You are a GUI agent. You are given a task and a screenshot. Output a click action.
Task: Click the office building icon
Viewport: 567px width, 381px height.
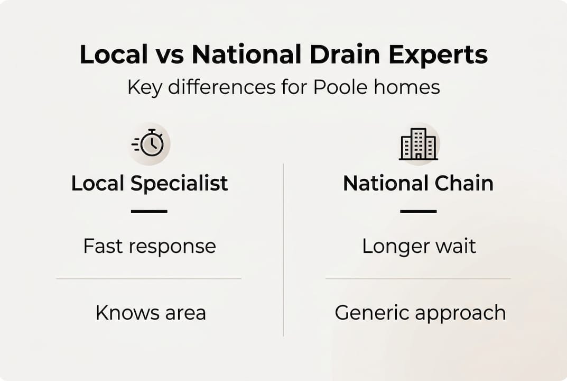coord(418,143)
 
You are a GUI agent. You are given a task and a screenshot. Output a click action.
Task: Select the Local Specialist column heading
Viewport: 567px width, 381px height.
coord(150,184)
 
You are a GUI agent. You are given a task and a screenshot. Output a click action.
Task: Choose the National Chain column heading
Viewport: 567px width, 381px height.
coord(418,184)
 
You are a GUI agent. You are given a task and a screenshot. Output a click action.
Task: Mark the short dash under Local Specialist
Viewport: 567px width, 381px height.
coord(149,211)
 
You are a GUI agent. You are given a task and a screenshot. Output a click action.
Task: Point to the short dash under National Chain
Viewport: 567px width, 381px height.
coord(418,211)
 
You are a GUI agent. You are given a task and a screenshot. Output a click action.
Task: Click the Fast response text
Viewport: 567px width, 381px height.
coord(150,246)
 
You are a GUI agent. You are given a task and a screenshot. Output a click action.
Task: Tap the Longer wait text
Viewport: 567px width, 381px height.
coord(419,246)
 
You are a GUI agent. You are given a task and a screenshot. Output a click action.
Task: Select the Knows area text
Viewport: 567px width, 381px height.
coord(151,313)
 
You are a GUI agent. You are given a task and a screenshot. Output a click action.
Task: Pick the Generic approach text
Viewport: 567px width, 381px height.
coord(420,313)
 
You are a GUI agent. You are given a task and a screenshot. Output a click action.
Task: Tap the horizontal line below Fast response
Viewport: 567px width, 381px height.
coord(149,279)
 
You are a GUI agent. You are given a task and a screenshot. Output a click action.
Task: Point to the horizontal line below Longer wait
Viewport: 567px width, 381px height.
coord(418,279)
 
